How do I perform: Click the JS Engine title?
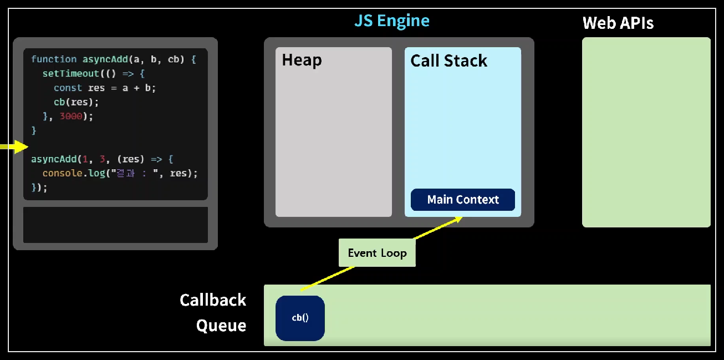[392, 21]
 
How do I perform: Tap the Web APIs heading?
[618, 23]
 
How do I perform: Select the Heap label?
[302, 60]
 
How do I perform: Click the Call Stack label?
[448, 60]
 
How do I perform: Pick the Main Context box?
[463, 200]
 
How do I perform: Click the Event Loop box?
[377, 253]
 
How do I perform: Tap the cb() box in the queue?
[300, 318]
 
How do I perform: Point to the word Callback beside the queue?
[213, 300]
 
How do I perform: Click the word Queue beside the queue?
[221, 325]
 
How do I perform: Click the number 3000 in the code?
[71, 116]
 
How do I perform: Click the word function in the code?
[54, 59]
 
